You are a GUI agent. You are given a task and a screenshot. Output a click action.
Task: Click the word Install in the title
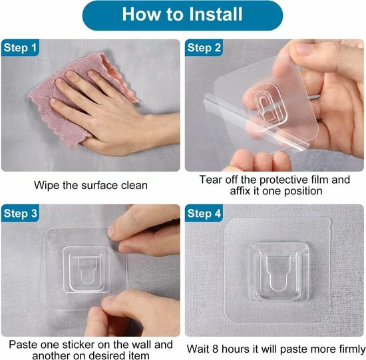216,14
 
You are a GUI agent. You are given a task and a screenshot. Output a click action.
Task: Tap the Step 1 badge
20,48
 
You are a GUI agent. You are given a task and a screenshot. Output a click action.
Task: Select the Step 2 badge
204,48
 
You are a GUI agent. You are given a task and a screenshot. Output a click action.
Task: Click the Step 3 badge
21,213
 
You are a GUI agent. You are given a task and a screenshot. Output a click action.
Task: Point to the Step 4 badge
204,213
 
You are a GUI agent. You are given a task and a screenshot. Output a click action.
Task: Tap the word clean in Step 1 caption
134,186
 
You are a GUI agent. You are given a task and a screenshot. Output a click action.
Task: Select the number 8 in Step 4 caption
216,349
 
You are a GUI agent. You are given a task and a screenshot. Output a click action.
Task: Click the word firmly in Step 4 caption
351,349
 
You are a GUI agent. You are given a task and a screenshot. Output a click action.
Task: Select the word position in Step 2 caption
303,192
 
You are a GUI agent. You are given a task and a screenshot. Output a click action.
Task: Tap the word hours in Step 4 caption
236,349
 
